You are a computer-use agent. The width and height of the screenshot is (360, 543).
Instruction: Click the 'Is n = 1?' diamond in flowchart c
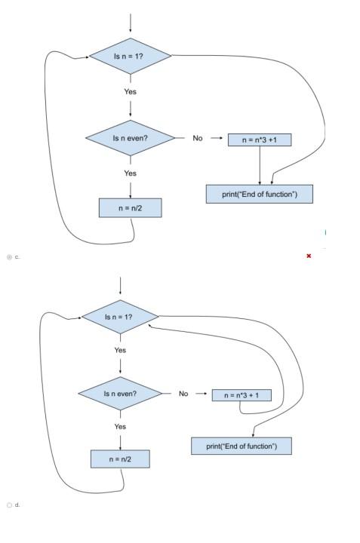[131, 57]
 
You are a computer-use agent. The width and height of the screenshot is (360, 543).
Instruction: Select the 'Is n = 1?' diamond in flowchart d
[120, 316]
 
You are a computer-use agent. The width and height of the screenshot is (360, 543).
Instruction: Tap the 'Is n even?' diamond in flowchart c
[130, 138]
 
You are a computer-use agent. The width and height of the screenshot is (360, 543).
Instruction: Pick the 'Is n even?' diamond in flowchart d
[120, 393]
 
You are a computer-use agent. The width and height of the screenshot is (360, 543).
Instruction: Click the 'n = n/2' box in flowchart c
[130, 207]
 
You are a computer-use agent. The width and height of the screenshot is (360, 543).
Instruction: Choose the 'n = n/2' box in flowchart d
[120, 459]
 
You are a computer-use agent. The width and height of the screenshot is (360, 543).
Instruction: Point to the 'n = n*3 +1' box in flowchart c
[260, 140]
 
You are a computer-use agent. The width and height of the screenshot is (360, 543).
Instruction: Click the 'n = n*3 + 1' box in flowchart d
[241, 394]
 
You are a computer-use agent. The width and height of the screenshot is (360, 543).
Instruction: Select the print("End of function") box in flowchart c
[259, 195]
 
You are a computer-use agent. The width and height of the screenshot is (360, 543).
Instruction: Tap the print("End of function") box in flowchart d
[241, 446]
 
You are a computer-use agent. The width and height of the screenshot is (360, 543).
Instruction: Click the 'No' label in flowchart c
[198, 138]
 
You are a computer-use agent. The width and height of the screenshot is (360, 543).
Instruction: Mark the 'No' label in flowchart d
[183, 393]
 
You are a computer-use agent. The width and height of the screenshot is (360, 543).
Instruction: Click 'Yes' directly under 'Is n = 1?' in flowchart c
[131, 91]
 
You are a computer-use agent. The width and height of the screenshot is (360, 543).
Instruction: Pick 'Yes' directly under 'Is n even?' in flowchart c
[130, 173]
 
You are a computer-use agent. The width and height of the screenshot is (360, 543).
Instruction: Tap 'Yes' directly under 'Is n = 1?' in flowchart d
[120, 350]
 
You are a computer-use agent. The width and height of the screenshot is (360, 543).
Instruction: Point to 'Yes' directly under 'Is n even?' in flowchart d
[120, 426]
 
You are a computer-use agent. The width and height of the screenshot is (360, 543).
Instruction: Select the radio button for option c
[9, 256]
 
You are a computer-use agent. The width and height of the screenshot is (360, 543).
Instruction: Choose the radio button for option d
[9, 505]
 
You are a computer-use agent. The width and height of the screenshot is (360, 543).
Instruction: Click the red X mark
[309, 256]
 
